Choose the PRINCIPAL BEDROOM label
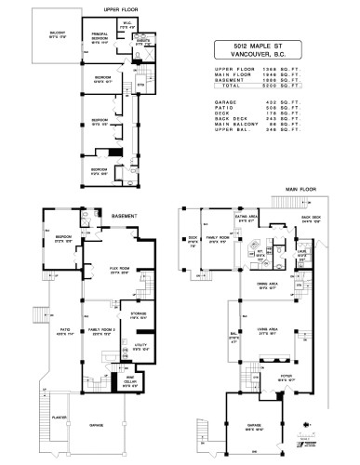(x=102, y=38)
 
